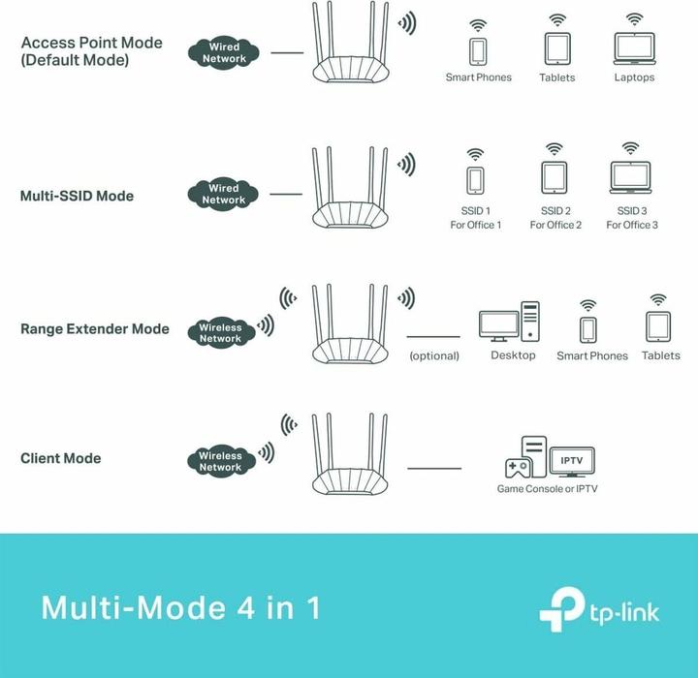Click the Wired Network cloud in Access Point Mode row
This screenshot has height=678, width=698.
tap(224, 52)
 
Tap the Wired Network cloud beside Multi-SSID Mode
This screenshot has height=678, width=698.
tap(224, 194)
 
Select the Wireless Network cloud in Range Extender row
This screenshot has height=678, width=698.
tap(221, 333)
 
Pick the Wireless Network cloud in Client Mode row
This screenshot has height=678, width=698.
tap(220, 461)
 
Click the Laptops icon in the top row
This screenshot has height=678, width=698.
tap(634, 48)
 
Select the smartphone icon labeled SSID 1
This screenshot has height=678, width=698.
tap(475, 181)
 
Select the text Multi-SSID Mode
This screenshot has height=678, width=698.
tap(77, 196)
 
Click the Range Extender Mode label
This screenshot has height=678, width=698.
tap(94, 329)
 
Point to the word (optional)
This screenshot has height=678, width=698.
tap(433, 355)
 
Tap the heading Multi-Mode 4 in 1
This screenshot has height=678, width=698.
tap(180, 608)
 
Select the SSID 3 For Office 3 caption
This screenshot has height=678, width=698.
tap(632, 218)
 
